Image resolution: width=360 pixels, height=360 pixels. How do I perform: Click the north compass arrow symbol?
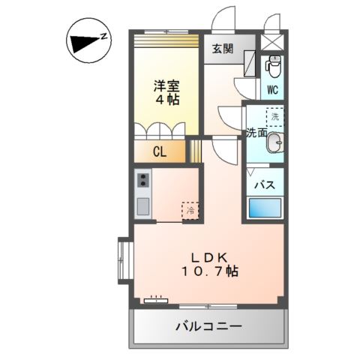[x=86, y=43]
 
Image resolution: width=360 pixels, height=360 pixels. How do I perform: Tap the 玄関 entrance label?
[x=222, y=49]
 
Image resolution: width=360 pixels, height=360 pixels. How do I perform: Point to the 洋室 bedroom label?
[x=168, y=85]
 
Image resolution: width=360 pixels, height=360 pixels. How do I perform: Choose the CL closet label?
[x=160, y=152]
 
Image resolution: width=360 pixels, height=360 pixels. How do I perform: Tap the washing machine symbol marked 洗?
[x=275, y=117]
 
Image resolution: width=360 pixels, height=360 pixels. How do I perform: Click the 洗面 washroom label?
[x=256, y=133]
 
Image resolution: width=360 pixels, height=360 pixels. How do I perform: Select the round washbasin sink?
[x=275, y=143]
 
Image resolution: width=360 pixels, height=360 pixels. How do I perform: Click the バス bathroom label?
[x=262, y=184]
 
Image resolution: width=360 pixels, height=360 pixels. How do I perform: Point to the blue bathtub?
[x=265, y=208]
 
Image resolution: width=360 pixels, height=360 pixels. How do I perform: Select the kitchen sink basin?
[x=143, y=205]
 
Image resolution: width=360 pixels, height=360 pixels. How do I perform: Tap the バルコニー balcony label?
[x=209, y=328]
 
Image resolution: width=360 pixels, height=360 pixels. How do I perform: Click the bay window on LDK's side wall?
[x=124, y=259]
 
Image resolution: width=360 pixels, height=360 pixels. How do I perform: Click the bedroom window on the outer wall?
[x=166, y=32]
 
